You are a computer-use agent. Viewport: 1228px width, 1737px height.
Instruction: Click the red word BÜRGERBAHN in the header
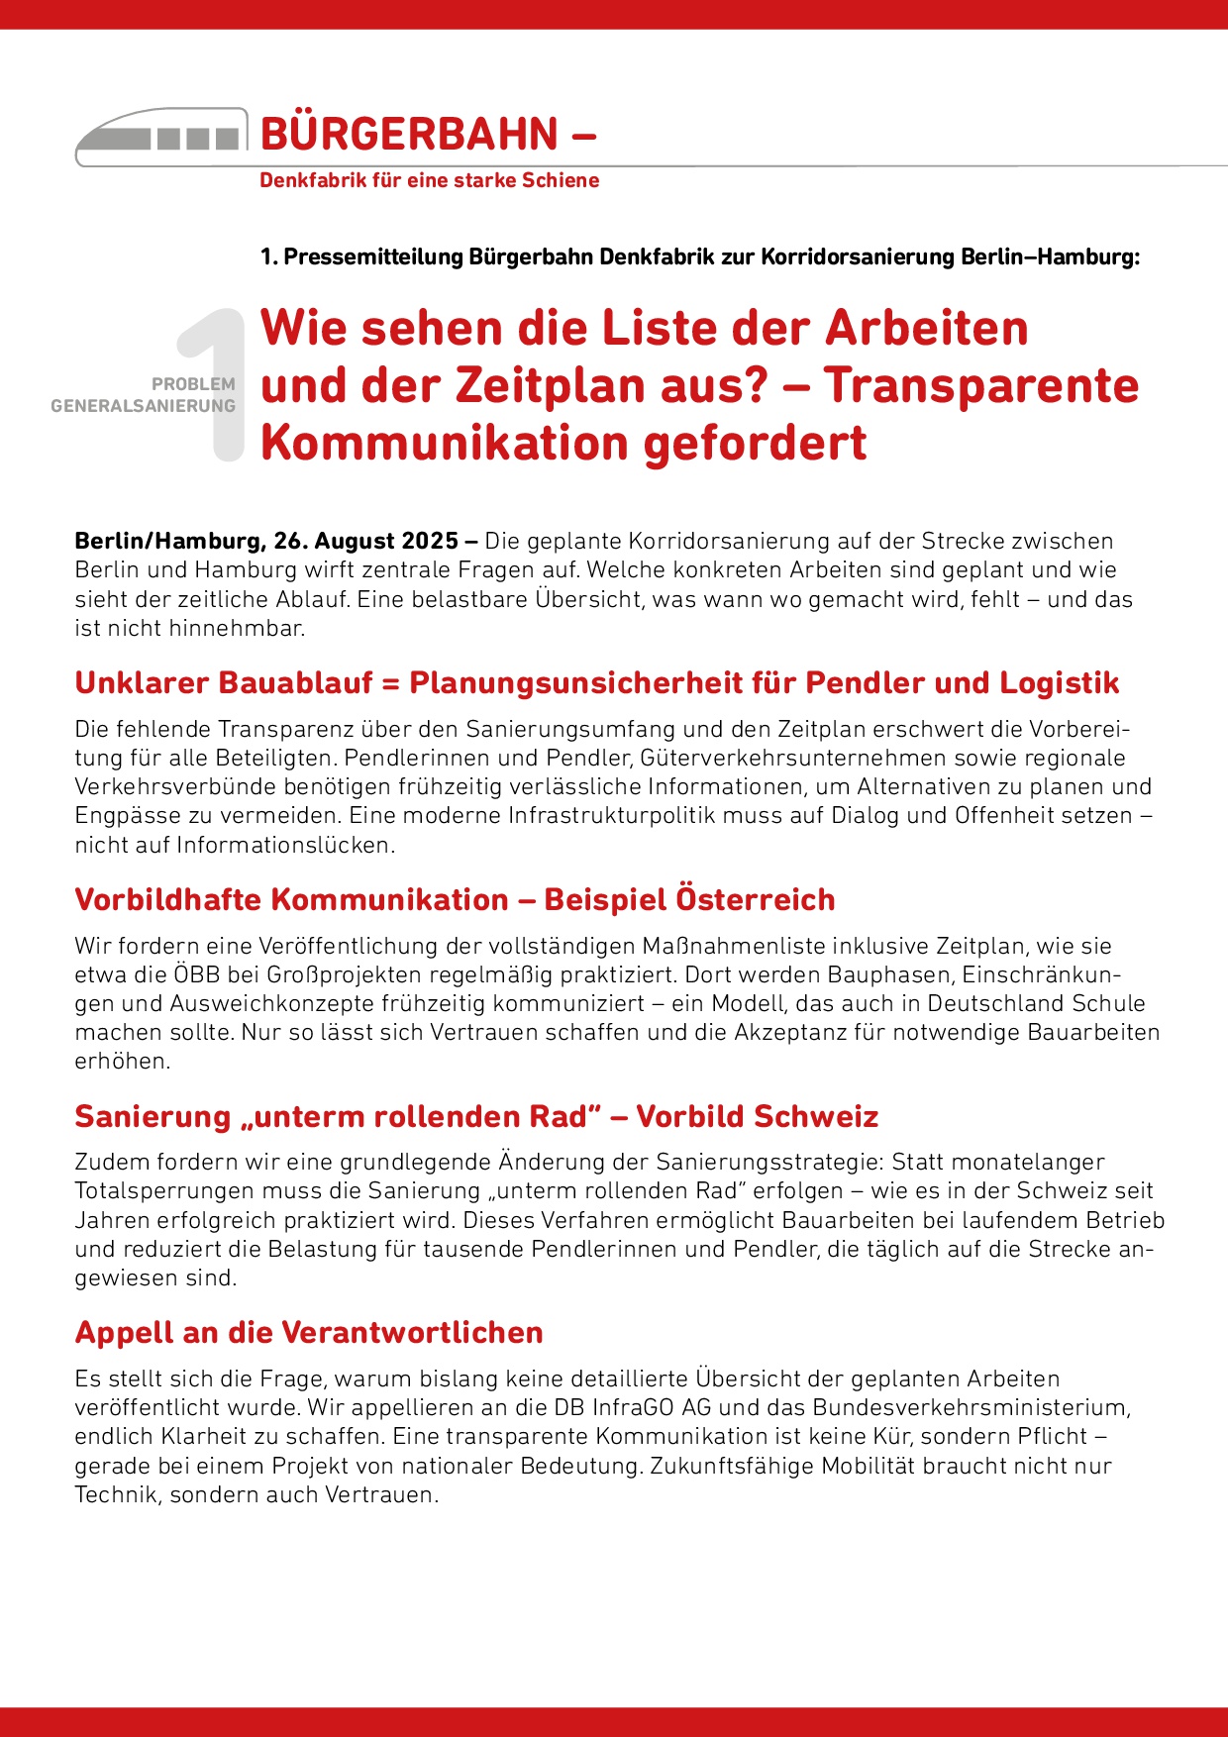click(x=409, y=135)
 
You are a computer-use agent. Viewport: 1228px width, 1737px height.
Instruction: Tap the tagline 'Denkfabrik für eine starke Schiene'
click(x=429, y=180)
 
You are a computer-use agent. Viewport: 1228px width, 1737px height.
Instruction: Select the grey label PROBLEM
click(x=193, y=384)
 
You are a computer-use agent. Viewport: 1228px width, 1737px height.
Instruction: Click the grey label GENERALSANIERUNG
click(x=143, y=406)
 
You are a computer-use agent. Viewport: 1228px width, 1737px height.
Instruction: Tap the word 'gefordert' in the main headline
click(x=755, y=443)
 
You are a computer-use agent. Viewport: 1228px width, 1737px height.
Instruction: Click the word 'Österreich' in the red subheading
click(x=755, y=900)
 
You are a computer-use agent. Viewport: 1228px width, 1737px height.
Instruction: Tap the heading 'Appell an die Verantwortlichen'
click(x=309, y=1333)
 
